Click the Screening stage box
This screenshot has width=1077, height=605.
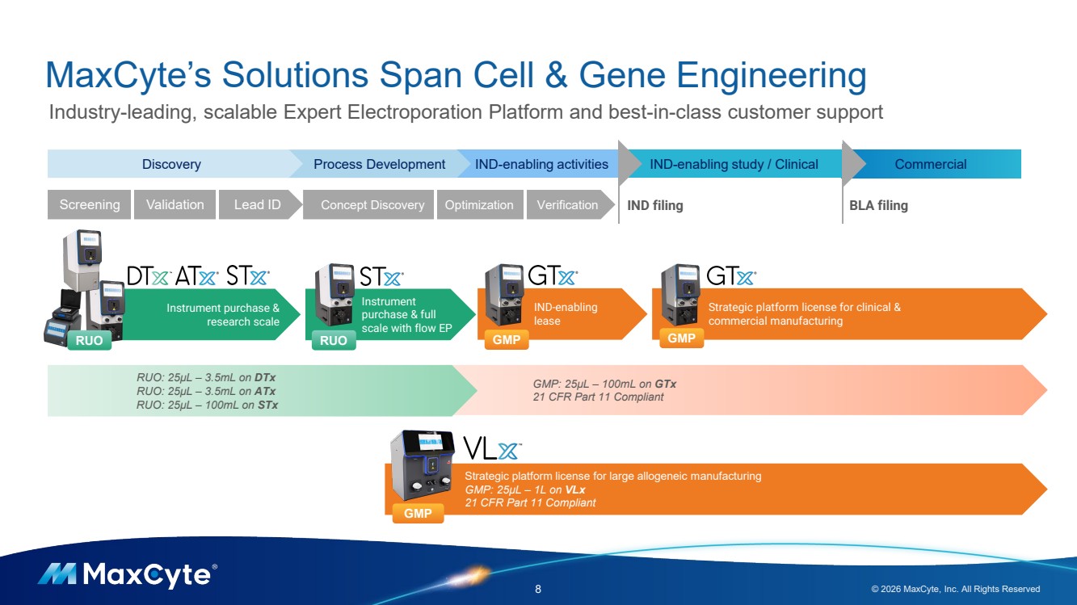click(89, 205)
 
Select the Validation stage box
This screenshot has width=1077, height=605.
click(175, 205)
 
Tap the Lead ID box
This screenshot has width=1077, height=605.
click(257, 205)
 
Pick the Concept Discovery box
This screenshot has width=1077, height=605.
click(372, 205)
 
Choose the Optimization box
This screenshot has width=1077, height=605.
click(479, 205)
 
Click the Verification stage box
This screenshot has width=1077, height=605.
click(567, 205)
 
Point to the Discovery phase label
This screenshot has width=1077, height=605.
click(171, 164)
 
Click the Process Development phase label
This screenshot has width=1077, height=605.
click(379, 164)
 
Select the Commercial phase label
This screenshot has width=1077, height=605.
click(930, 164)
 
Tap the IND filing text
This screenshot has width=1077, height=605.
click(655, 205)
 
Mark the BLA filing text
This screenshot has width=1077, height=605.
click(878, 205)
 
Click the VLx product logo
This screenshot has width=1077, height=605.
click(492, 447)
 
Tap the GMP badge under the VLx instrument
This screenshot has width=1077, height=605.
click(418, 513)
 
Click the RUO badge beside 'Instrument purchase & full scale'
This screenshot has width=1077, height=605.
click(333, 341)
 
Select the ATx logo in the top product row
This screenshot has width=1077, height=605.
click(197, 276)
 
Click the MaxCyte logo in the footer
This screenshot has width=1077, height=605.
click(127, 574)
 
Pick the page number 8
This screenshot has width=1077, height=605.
click(538, 589)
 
